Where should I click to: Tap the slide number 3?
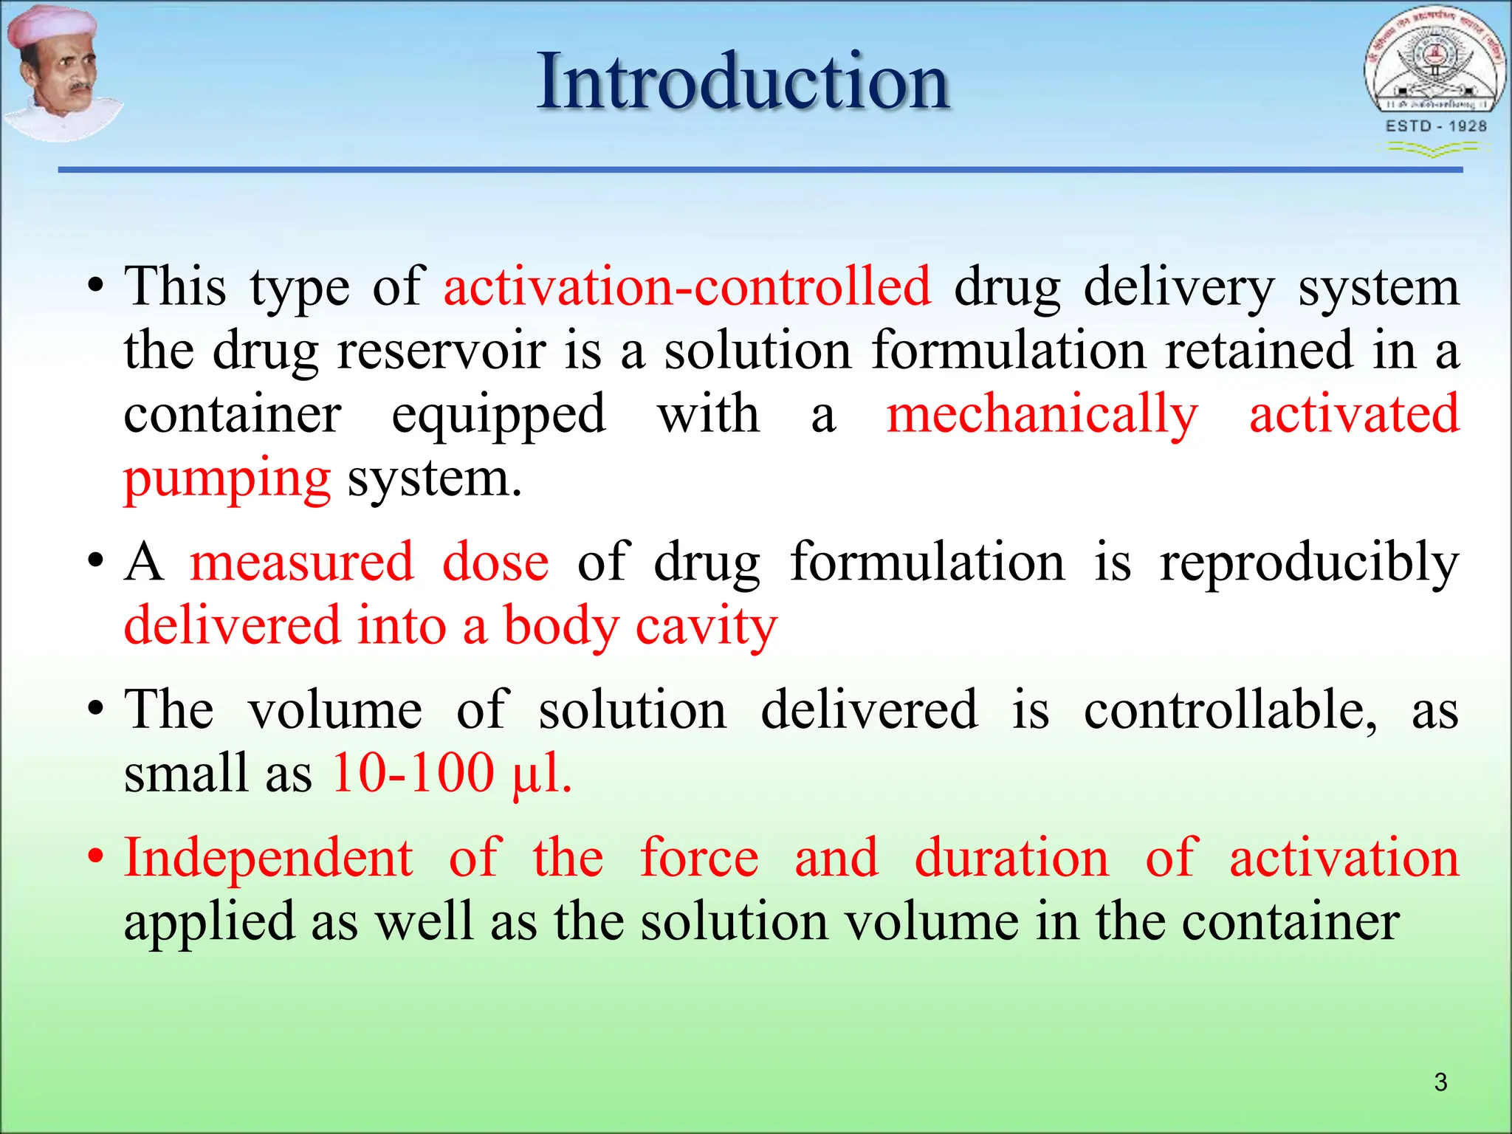pos(1440,1082)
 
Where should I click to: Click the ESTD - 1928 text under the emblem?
pos(1436,126)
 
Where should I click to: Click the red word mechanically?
pos(1042,415)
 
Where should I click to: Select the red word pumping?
pos(227,480)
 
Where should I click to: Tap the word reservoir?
pos(441,351)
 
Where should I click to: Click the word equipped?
pos(498,415)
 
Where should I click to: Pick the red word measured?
pos(302,563)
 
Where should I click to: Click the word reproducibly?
pos(1309,563)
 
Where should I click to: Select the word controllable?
pos(1230,710)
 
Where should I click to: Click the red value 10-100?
pos(413,774)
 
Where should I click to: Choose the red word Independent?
pos(268,858)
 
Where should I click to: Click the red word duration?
pos(1011,858)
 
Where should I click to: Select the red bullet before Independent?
pos(95,858)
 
